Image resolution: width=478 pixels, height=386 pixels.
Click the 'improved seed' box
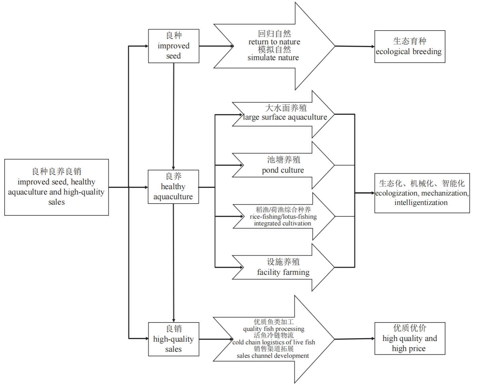coord(173,46)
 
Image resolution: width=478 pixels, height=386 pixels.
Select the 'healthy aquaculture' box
coord(173,187)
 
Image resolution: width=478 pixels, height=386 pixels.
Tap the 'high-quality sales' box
coord(173,339)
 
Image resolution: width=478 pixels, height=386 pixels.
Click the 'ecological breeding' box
coord(409,47)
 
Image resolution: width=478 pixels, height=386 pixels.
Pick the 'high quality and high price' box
coord(409,339)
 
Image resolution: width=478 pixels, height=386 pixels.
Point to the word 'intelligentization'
coord(421,203)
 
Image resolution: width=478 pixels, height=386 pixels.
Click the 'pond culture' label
coord(283,170)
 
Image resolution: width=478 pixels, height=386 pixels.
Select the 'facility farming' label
coord(283,272)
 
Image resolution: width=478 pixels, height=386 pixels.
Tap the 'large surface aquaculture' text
coord(285,117)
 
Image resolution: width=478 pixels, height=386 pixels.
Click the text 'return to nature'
coord(274,42)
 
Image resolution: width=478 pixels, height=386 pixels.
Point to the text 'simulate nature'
coord(273,58)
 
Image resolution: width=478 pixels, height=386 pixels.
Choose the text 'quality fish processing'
coord(274,329)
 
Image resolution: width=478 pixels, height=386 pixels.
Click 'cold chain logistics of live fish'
coord(274,342)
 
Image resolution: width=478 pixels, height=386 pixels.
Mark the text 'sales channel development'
coord(273,356)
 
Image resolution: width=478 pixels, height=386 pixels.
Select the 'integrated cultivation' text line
coord(282,223)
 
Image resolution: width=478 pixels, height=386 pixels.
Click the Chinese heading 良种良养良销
coord(56,172)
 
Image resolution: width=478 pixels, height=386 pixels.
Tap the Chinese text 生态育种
coord(409,41)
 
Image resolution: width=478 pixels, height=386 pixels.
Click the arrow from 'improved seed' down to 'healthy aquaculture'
coord(173,116)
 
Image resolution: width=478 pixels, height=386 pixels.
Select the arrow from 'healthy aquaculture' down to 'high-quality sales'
coord(173,262)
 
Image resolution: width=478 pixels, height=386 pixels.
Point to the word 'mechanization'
coord(444,193)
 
